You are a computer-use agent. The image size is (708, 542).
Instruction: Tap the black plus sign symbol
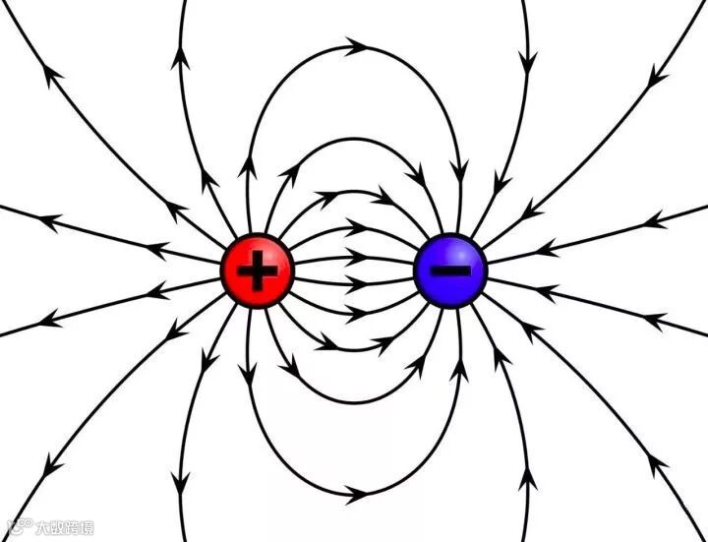coord(257,271)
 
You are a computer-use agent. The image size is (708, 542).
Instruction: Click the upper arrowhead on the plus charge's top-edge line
coord(181,57)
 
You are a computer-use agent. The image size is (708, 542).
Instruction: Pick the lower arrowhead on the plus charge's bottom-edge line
coord(181,482)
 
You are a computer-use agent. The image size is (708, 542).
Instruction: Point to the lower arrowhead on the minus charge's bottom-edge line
coord(527,482)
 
